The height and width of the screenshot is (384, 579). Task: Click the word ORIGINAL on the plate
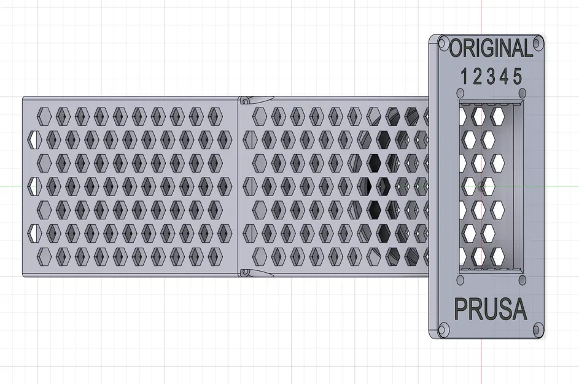coord(491,48)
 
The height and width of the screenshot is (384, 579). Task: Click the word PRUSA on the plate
coord(490,308)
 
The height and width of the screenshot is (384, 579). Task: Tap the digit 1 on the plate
coord(464,77)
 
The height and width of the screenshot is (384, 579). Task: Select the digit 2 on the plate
coord(478,77)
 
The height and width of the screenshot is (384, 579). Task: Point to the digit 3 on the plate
coord(491,77)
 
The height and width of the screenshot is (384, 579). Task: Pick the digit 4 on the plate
coord(504,77)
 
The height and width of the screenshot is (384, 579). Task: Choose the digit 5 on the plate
coord(518,77)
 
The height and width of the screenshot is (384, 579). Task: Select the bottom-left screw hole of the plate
coord(443,329)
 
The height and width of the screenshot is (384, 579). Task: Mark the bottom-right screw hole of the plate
coord(538,329)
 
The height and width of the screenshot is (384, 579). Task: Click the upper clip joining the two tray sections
coord(255,100)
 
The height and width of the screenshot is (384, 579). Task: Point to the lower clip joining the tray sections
coord(255,273)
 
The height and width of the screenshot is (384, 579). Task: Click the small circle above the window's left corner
coord(460,93)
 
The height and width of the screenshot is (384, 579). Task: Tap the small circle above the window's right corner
coord(523,93)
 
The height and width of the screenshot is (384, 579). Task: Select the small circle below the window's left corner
coord(460,280)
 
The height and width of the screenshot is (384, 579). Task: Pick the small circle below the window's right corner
coord(523,280)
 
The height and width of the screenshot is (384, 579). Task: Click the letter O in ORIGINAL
coord(456,48)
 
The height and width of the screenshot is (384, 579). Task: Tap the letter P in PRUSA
coord(460,308)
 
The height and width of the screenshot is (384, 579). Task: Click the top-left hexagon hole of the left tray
coord(44,116)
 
